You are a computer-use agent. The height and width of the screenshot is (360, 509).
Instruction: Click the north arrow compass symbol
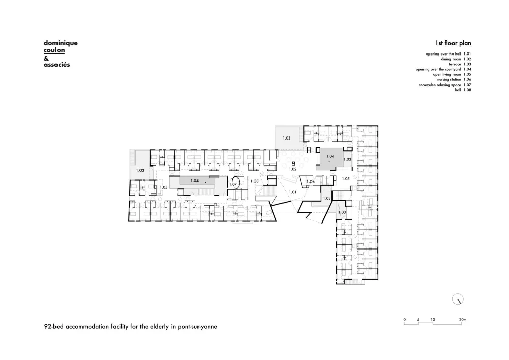pyautogui.click(x=458, y=300)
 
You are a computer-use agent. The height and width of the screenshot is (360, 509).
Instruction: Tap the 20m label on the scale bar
pyautogui.click(x=462, y=320)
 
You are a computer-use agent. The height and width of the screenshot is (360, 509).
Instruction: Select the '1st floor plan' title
pyautogui.click(x=453, y=44)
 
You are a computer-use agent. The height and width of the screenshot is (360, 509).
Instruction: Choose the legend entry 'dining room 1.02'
pyautogui.click(x=451, y=59)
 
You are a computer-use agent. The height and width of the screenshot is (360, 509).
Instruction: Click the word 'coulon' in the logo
pyautogui.click(x=54, y=50)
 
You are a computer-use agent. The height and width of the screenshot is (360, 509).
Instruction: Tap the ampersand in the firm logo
pyautogui.click(x=46, y=58)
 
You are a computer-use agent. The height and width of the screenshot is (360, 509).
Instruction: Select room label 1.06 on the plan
pyautogui.click(x=310, y=182)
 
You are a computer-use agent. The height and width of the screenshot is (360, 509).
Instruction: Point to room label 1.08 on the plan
pyautogui.click(x=254, y=181)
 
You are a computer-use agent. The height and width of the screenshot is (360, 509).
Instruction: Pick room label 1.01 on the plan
pyautogui.click(x=292, y=192)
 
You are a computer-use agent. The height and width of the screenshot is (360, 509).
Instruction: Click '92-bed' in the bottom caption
pyautogui.click(x=55, y=327)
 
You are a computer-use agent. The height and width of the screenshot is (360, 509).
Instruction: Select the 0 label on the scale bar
pyautogui.click(x=405, y=320)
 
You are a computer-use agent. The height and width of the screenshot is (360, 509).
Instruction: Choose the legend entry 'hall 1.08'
pyautogui.click(x=460, y=90)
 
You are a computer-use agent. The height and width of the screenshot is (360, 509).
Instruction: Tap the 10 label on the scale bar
pyautogui.click(x=433, y=320)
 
